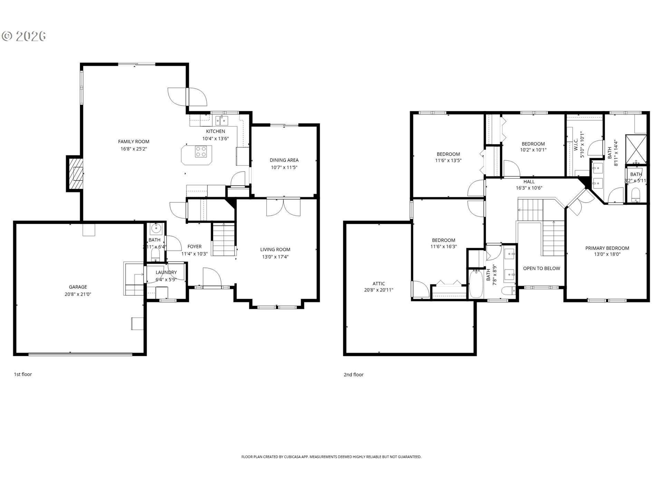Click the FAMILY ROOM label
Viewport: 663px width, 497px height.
pos(134,142)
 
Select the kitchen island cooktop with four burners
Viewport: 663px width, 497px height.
pos(201,152)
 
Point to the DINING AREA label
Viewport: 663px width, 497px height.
pos(284,160)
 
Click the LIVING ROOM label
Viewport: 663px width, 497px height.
pos(275,250)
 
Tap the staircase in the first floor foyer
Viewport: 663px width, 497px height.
pos(223,240)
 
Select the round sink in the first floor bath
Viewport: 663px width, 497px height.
pos(156,228)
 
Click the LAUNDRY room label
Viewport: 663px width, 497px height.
pos(166,272)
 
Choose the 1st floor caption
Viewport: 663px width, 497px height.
pos(23,374)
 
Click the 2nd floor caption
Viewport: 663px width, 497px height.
pos(353,374)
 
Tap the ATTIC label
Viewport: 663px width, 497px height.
pos(378,284)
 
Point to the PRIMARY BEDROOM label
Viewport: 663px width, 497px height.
pos(607,248)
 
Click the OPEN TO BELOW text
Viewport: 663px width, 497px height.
pos(541,269)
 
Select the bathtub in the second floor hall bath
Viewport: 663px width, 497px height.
pos(476,284)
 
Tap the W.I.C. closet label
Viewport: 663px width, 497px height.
pos(576,145)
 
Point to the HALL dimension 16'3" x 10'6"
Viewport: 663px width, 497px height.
pos(529,188)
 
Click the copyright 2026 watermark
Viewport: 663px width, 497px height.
pos(24,36)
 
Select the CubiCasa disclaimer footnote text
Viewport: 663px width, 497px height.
pos(331,457)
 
